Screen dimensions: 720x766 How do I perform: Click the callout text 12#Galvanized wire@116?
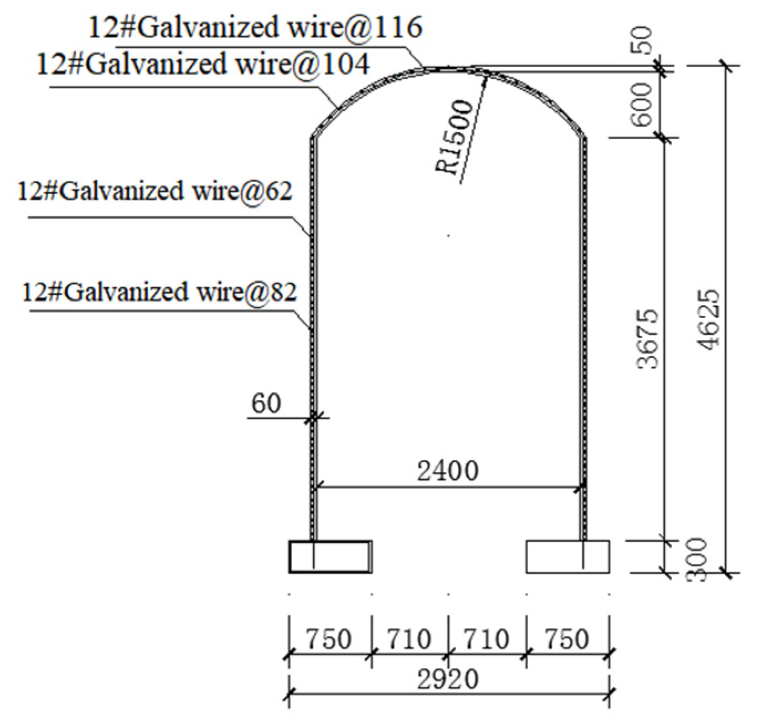point(256,27)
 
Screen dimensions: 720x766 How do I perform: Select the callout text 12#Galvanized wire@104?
point(203,64)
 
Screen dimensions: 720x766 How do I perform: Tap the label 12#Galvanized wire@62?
point(155,191)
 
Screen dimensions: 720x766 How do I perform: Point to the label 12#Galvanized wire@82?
point(159,292)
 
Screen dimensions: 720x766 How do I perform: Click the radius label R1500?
point(455,137)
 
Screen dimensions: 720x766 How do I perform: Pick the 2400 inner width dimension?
point(447,471)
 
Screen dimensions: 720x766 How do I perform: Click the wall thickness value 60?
point(266,403)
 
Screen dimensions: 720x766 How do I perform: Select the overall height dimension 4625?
point(709,319)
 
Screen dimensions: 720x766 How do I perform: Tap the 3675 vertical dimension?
point(648,339)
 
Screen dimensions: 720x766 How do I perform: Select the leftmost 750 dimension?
point(329,639)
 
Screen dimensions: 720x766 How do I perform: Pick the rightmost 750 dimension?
point(566,639)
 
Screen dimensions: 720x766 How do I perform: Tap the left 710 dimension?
point(408,639)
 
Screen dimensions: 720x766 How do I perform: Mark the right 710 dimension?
point(486,639)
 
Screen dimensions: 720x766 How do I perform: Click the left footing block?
point(330,556)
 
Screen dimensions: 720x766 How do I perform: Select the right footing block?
point(567,556)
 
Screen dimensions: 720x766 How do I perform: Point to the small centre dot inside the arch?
point(448,236)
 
